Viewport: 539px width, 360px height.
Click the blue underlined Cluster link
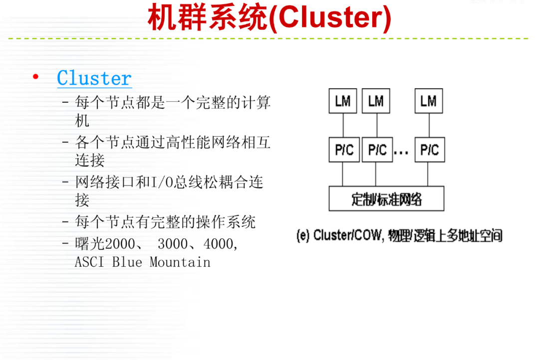[94, 78]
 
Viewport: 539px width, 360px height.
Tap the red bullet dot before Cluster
[35, 77]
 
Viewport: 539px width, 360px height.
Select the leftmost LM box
[343, 101]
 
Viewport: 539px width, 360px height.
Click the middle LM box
[376, 101]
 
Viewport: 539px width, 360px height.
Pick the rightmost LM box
[429, 101]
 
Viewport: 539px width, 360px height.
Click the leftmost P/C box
[344, 150]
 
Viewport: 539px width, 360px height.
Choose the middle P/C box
[377, 150]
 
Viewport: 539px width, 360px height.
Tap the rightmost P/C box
[430, 150]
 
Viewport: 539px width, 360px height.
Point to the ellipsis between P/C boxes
[401, 153]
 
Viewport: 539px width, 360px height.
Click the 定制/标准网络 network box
[386, 198]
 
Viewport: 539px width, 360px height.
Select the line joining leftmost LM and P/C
[343, 125]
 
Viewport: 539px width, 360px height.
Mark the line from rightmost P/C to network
[428, 174]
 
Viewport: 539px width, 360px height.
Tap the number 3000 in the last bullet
[173, 244]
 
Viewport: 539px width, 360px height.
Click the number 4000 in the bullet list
[218, 244]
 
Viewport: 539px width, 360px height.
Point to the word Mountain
[180, 262]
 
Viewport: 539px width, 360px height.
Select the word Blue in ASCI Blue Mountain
[127, 262]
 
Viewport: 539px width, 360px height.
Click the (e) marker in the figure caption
[303, 235]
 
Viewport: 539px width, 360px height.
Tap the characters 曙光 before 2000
[89, 244]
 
